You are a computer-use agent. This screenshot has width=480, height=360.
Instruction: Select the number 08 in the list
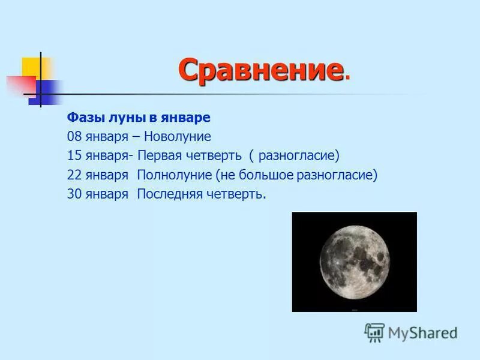point(75,136)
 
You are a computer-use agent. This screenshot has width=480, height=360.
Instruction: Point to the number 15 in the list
point(75,156)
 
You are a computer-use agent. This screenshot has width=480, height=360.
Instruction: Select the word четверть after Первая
point(216,156)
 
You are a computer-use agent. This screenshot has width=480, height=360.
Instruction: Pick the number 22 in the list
point(75,175)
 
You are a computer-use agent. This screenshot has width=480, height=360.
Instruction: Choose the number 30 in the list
point(75,195)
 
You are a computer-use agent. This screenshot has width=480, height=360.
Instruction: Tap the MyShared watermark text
point(423,332)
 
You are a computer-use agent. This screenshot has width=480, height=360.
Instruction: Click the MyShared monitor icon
point(374,332)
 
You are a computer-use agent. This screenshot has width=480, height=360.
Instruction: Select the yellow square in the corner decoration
point(34,67)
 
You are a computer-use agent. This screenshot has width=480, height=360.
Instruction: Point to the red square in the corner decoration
point(20,85)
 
